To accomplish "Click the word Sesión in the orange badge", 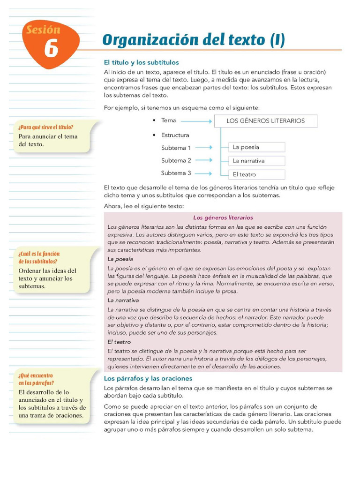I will [x=43, y=30].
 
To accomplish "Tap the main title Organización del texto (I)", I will [x=193, y=40].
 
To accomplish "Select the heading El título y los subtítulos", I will [x=141, y=62].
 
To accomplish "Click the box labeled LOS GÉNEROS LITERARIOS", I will [x=265, y=121].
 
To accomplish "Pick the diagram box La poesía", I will [x=256, y=147].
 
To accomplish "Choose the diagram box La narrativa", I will [x=256, y=161].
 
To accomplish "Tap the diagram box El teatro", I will [x=256, y=174].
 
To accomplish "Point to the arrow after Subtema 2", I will [x=204, y=161].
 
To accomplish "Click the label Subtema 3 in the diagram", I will [x=176, y=173].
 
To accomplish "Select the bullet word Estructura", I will [x=175, y=135].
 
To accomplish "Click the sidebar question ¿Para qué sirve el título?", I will [x=46, y=127].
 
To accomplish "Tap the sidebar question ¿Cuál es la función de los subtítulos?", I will [x=39, y=257].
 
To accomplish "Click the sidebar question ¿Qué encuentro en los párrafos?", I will [x=36, y=379].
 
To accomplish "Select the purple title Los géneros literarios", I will [x=223, y=217].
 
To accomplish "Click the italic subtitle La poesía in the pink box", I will [x=120, y=259].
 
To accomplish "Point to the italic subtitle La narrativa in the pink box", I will [x=123, y=300].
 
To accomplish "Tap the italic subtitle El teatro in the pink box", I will [x=119, y=342].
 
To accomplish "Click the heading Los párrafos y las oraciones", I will [x=148, y=378].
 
